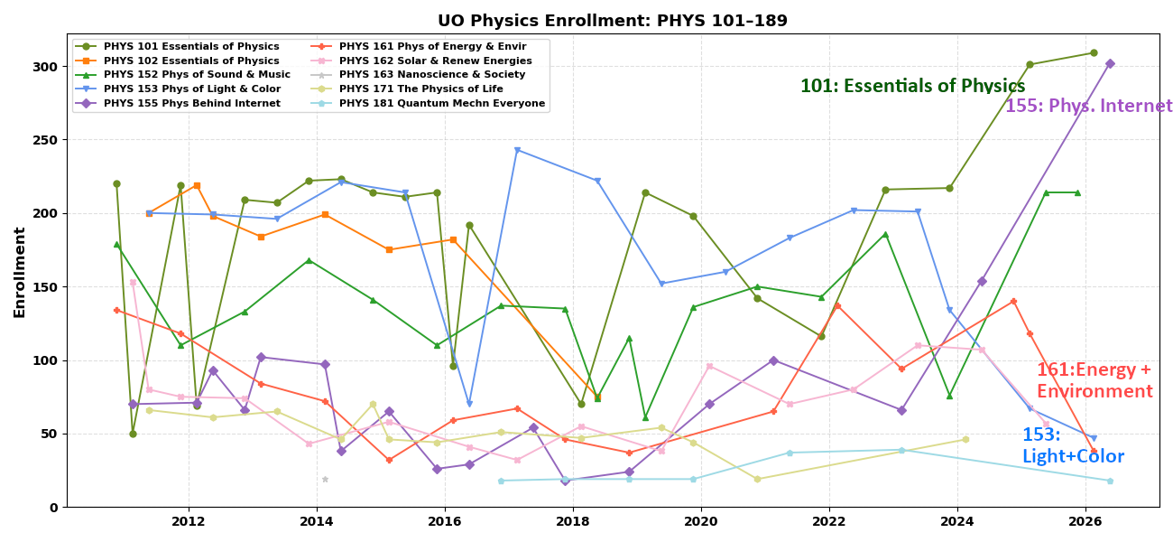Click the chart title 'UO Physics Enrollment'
612,21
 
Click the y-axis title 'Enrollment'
19,271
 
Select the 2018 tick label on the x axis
572,521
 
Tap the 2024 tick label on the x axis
956,521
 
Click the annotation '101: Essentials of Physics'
912,87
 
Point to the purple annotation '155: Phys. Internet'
1088,107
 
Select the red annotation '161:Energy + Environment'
1094,380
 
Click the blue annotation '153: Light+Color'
1073,445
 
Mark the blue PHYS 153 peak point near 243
517,150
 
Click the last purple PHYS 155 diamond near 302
1110,63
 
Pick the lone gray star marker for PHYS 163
325,479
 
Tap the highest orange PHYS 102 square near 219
197,185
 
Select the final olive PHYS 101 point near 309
1094,52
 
